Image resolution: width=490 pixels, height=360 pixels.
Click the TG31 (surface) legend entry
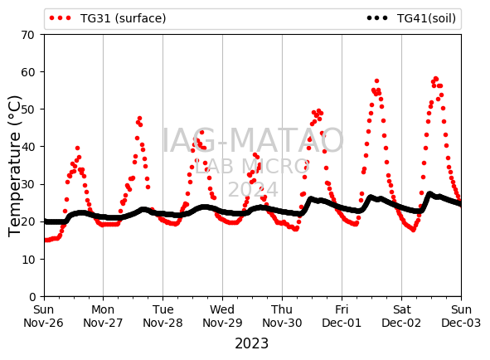pos(108,18)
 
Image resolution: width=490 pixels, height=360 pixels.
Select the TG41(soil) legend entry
pos(411,18)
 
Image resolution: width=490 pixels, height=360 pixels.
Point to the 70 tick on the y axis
pos(27,35)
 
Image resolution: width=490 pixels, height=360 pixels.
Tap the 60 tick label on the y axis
pos(27,72)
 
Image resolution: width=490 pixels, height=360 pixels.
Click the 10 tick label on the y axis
pos(27,260)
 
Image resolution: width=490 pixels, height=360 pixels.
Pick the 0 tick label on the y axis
pos(32,296)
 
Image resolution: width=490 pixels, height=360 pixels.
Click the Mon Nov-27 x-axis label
pos(103,316)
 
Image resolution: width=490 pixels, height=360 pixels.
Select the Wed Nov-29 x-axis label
pos(222,316)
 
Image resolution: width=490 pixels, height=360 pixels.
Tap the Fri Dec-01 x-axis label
pos(342,316)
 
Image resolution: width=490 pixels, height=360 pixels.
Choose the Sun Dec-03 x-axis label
pos(461,316)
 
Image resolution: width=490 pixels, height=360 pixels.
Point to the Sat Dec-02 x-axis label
pos(401,316)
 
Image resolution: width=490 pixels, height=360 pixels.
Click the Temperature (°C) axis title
pos(14,166)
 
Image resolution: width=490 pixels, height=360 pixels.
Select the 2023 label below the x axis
pos(251,343)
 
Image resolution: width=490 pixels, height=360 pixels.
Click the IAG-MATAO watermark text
pos(253,140)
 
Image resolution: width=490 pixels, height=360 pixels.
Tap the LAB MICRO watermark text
pos(252,166)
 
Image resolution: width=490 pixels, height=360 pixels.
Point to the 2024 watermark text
pos(253,189)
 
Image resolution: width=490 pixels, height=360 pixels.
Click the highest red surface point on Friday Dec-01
pos(376,81)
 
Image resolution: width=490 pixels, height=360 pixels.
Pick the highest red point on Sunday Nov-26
pos(77,148)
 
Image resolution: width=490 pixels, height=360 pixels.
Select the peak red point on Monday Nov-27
pos(139,119)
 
